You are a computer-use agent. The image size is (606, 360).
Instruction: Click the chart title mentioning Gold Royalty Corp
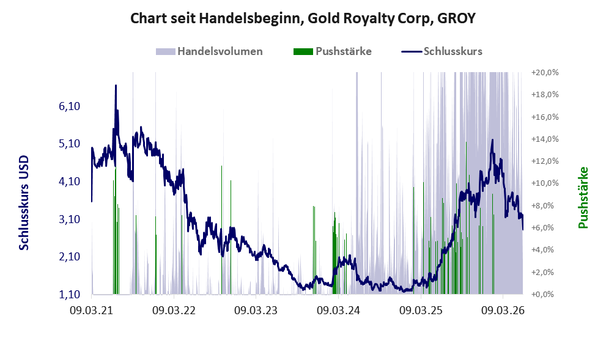303,18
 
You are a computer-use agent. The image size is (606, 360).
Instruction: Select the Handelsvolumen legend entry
209,51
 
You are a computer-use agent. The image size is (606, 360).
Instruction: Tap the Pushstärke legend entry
333,51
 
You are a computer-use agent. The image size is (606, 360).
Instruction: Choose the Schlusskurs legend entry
442,51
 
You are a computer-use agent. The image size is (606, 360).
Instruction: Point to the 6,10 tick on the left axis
70,106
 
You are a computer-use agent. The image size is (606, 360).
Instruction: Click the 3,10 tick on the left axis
70,219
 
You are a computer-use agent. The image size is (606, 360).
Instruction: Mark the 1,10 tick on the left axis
70,295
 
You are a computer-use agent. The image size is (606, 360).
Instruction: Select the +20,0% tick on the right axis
545,73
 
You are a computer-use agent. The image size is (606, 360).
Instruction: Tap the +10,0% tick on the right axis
545,183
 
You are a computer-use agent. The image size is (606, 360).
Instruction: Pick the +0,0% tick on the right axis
545,295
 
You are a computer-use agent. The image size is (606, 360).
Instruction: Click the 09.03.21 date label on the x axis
92,310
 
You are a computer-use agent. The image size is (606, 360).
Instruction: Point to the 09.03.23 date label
256,310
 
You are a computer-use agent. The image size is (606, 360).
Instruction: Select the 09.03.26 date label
503,310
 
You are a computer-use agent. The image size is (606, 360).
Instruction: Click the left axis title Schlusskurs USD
24,203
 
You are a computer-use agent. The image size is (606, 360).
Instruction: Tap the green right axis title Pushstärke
583,197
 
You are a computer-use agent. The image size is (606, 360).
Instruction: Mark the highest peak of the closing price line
116,86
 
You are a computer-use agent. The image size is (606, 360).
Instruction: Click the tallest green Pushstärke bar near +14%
467,218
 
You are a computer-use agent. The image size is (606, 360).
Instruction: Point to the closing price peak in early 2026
492,140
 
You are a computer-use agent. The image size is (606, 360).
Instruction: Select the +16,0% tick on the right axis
545,117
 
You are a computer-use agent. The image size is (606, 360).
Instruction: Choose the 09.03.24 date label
338,310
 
